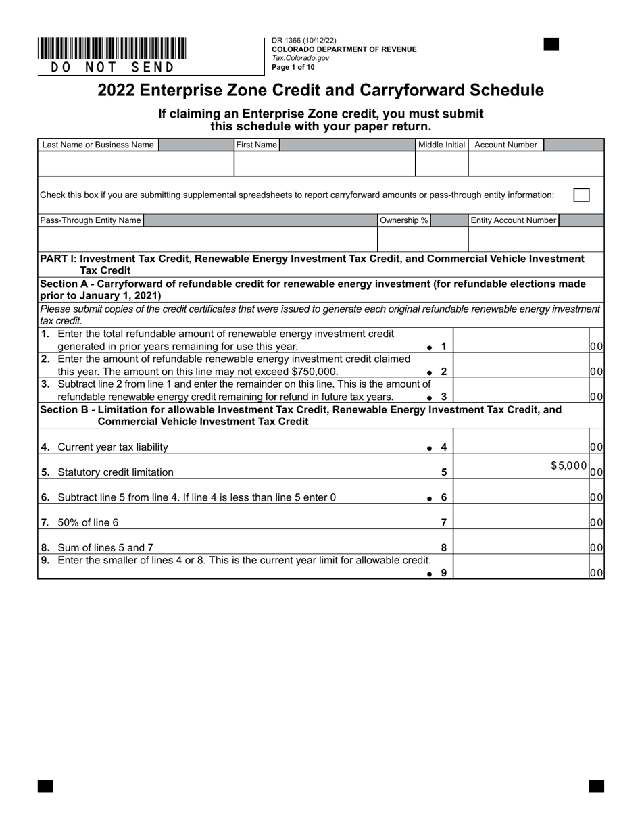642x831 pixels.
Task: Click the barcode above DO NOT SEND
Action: pos(112,49)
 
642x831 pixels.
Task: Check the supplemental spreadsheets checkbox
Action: pos(581,195)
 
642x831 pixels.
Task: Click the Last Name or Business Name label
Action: pos(97,145)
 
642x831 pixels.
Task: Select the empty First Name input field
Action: pos(324,163)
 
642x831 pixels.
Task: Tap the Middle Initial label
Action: pos(441,145)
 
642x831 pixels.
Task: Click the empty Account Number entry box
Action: pos(536,163)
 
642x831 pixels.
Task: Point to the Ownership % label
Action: pos(404,220)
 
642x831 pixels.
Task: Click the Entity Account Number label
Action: pos(514,220)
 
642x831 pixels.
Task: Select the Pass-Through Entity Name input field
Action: pos(207,239)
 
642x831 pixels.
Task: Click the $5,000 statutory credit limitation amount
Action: pos(569,465)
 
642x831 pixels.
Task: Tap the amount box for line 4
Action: pos(521,441)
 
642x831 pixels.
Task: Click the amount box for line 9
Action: pos(521,567)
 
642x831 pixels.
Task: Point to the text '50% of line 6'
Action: pos(88,522)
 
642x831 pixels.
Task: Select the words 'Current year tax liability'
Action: pos(113,447)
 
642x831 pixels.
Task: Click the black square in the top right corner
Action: pos(551,45)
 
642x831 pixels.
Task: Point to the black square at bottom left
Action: pos(45,786)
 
